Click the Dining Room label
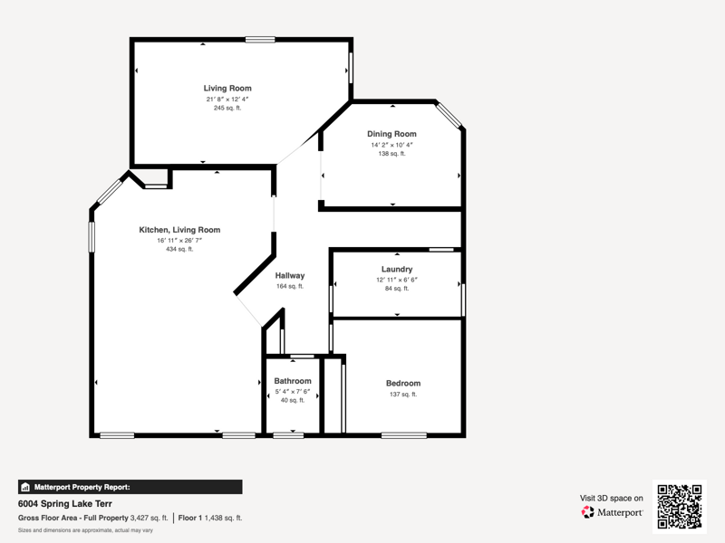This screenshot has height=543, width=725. click(x=391, y=134)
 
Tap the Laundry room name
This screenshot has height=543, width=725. click(x=397, y=269)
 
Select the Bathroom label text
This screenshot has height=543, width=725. click(x=293, y=381)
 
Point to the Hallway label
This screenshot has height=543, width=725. click(x=290, y=276)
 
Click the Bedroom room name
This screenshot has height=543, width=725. click(x=403, y=383)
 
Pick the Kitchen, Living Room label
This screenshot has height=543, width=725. click(x=179, y=230)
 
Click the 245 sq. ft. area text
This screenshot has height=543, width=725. click(x=227, y=108)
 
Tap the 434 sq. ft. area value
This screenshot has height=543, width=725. click(x=179, y=250)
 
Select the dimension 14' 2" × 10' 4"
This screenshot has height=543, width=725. click(x=391, y=145)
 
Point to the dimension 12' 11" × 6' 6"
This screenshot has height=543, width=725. click(x=397, y=280)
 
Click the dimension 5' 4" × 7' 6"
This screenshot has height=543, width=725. click(x=293, y=392)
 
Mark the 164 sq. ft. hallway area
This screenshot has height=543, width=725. click(x=290, y=286)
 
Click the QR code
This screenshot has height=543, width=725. click(x=680, y=507)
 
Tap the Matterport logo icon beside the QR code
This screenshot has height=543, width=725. click(x=587, y=512)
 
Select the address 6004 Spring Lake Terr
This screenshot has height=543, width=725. click(x=65, y=504)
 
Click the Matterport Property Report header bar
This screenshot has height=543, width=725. click(x=130, y=487)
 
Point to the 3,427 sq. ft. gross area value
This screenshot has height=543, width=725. click(x=149, y=518)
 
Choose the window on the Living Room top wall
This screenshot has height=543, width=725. click(x=260, y=40)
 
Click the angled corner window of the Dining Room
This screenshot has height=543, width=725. click(x=449, y=115)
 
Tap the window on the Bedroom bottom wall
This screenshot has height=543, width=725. click(x=404, y=435)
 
